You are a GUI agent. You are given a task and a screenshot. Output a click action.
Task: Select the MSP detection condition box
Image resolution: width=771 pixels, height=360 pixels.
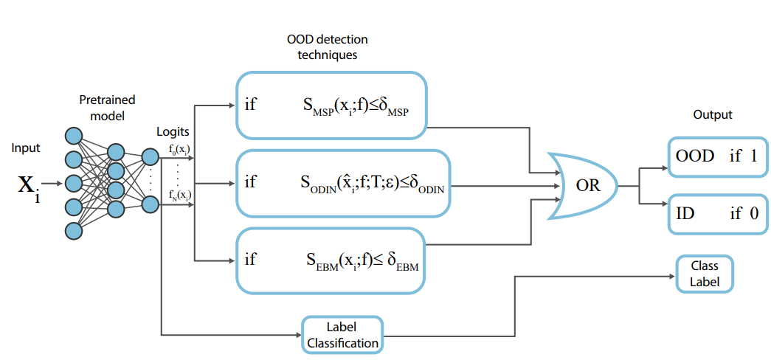click(x=332, y=105)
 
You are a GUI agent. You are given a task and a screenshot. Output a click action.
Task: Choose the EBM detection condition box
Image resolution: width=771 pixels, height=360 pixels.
click(x=332, y=260)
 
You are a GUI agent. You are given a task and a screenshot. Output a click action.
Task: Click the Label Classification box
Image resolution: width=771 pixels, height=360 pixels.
click(x=342, y=334)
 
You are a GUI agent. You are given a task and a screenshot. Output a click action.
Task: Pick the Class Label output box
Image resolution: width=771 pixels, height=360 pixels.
click(x=704, y=274)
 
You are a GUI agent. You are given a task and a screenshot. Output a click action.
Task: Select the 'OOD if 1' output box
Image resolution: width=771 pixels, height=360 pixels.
click(x=716, y=156)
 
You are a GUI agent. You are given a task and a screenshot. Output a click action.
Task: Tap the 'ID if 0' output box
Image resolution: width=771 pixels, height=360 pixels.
click(x=716, y=214)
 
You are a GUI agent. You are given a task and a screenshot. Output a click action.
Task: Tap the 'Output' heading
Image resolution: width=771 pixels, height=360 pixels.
click(x=713, y=115)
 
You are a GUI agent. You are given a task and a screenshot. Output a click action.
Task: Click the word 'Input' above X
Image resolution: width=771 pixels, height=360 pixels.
click(x=26, y=148)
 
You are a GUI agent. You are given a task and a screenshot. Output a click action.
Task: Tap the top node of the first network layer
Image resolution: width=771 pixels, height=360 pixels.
click(x=73, y=136)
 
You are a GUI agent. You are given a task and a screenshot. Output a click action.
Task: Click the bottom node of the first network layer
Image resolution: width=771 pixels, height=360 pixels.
click(x=73, y=230)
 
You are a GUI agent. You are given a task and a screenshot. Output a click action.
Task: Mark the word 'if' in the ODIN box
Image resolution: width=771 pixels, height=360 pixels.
click(x=251, y=181)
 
